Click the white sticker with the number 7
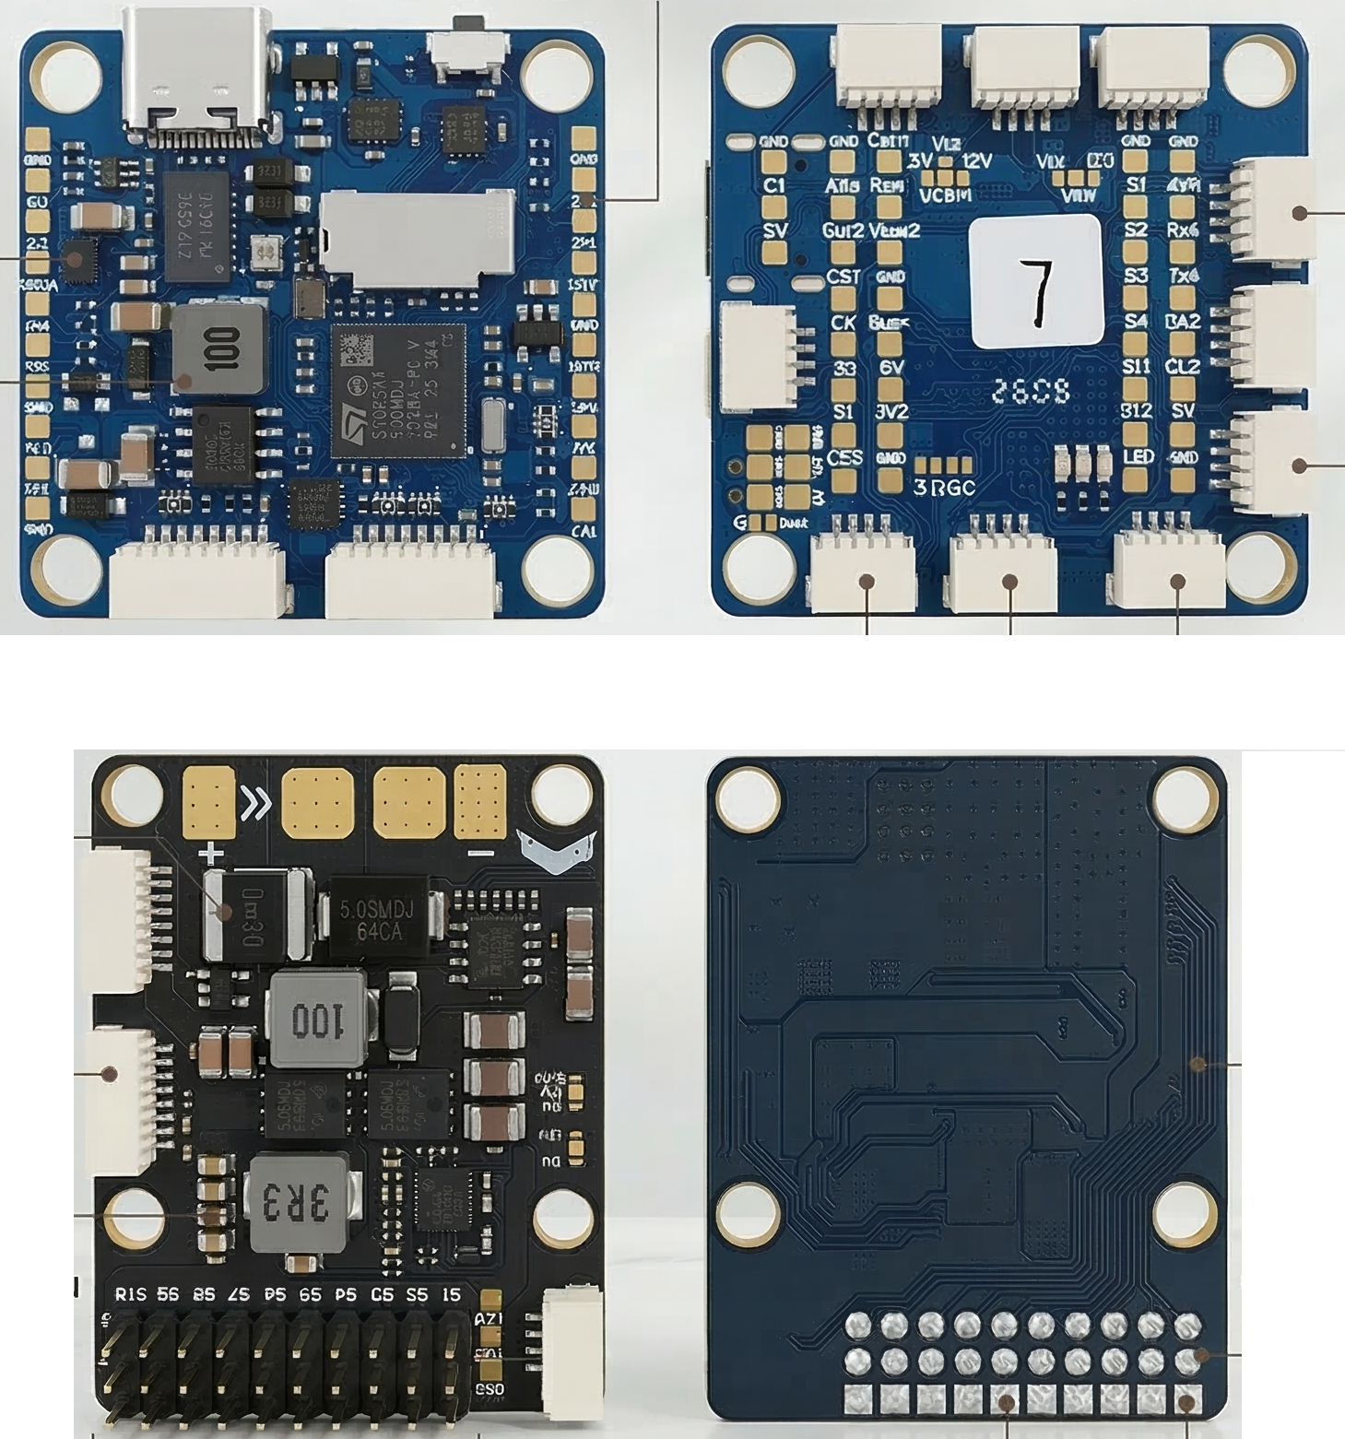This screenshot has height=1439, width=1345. pos(1036,282)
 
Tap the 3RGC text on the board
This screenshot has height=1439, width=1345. pos(943,488)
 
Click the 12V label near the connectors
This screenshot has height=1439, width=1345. pos(976,160)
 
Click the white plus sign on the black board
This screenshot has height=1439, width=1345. pos(212,853)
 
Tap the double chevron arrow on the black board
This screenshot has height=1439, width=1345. pos(255,804)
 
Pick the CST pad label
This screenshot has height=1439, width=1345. pos(844,276)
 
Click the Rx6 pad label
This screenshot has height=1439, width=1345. pos(1182,230)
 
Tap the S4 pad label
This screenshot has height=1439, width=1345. pos(1136,321)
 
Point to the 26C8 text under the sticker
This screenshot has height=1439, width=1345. pos(1032,394)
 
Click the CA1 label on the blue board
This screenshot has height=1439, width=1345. pos(584,531)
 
